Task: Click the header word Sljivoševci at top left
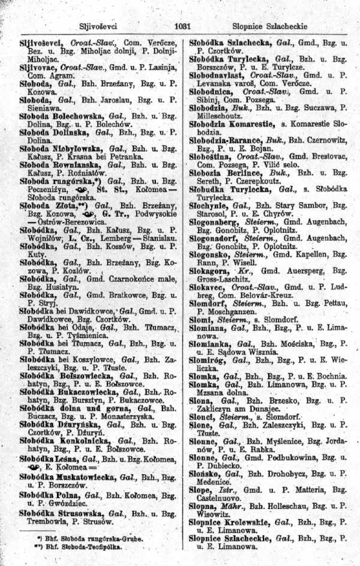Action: click(x=97, y=26)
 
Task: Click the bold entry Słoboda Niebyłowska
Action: click(x=61, y=148)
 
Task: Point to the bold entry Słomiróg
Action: click(x=209, y=360)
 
